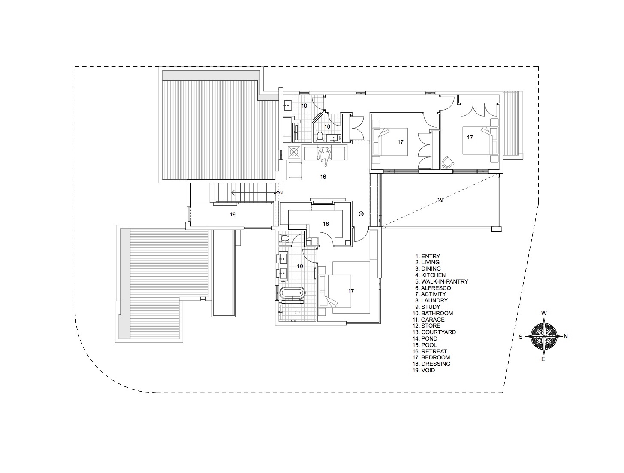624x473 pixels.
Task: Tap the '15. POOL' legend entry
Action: pos(426,345)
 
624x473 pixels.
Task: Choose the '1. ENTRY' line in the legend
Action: pos(428,256)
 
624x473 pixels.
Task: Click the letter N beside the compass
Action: pos(565,336)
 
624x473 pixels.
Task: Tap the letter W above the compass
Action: pos(544,314)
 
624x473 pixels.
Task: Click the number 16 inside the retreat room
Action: pos(323,177)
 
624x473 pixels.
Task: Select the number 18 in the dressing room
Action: pos(326,224)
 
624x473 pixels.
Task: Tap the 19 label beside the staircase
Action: pos(232,214)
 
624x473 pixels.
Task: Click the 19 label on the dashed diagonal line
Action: pos(440,200)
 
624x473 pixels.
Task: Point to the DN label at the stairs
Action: pos(279,193)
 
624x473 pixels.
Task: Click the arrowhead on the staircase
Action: pos(232,193)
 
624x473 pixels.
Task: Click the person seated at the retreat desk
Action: pos(325,155)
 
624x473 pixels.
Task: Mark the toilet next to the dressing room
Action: pos(284,238)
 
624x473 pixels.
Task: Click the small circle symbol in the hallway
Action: pos(361,213)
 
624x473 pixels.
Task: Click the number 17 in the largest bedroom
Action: pos(351,291)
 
